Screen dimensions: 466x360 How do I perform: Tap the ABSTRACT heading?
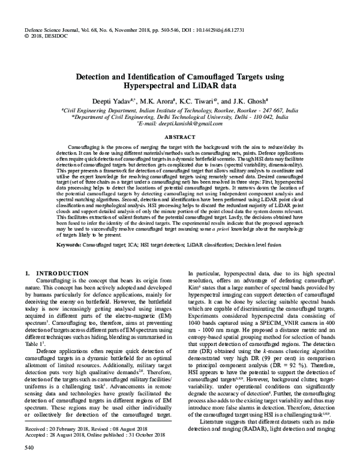pyautogui.click(x=180, y=137)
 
